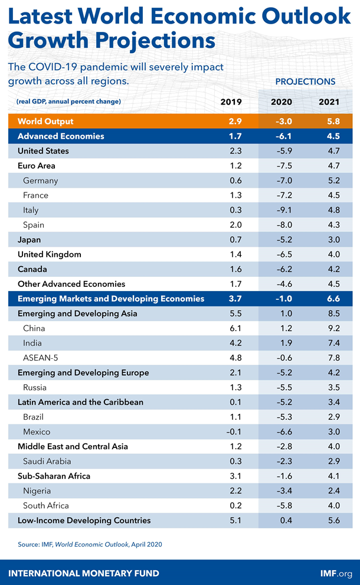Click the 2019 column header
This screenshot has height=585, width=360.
coord(231,102)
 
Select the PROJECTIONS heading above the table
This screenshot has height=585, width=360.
coord(305,81)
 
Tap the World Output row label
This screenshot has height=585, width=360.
coord(45,121)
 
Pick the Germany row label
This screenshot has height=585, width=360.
coord(40,181)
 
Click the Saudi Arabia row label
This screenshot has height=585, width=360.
coord(47,461)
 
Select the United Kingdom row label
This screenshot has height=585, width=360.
coord(50,254)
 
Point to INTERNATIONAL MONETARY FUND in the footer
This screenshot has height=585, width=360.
coord(83,573)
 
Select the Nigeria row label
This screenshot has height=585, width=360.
coord(37,491)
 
